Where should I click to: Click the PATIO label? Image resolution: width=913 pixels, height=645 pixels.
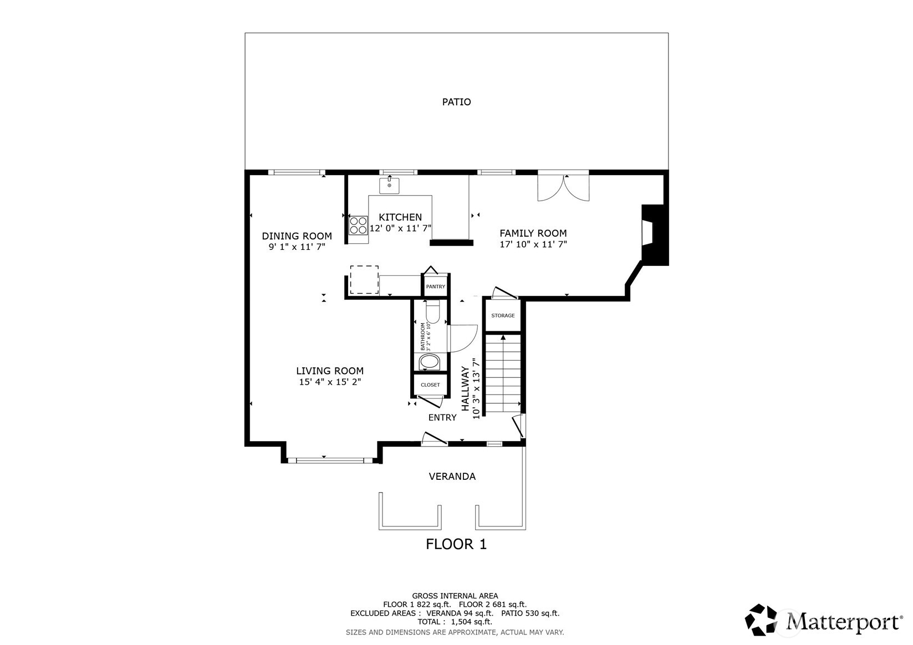(x=456, y=102)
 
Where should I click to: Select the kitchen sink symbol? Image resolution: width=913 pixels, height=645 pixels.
(x=389, y=186)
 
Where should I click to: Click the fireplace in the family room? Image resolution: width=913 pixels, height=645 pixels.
(x=654, y=236)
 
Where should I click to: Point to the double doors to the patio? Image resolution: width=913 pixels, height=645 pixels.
(x=563, y=188)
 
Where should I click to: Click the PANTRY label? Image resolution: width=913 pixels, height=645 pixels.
(x=436, y=286)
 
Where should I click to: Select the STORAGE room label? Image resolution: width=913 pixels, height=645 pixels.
(x=503, y=315)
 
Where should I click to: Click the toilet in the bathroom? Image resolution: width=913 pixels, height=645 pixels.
(x=432, y=311)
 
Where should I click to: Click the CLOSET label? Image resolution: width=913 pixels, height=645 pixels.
(x=430, y=385)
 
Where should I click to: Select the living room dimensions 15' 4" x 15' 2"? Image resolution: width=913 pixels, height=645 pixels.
(x=330, y=382)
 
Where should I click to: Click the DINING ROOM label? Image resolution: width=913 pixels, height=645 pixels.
(x=297, y=236)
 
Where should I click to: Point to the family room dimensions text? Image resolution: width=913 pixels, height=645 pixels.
(x=533, y=244)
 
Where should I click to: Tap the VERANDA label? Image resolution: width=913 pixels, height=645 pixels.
(x=452, y=477)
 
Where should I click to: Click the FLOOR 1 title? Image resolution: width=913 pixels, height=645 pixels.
(x=456, y=544)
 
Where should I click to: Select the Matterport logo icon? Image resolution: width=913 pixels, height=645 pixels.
(x=762, y=620)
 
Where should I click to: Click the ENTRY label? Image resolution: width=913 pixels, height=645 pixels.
(x=442, y=417)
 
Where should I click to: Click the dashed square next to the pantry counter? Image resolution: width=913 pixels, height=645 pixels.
(x=364, y=280)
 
